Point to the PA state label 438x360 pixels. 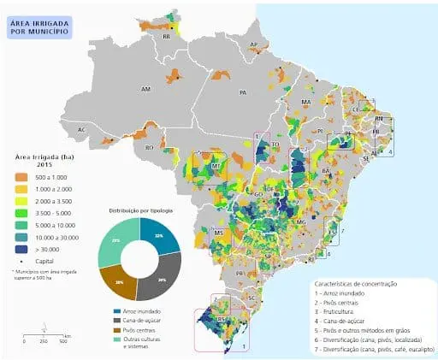click(x=243, y=91)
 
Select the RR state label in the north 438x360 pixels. click(x=166, y=38)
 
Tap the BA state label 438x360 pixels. click(x=326, y=172)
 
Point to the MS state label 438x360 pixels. click(x=218, y=233)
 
